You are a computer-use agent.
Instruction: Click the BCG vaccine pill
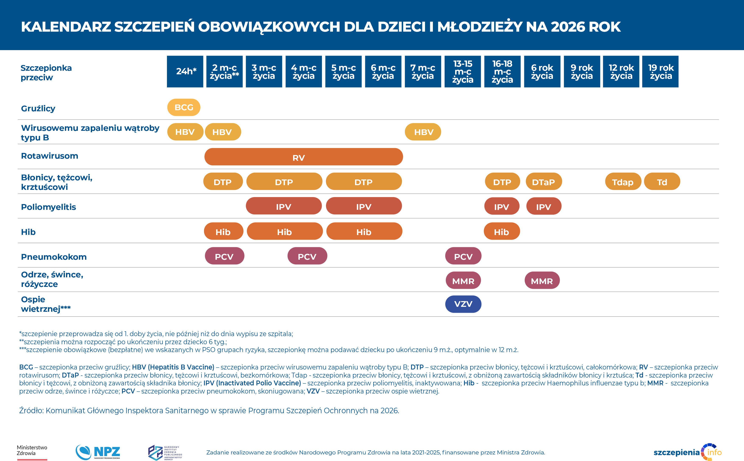pos(184,107)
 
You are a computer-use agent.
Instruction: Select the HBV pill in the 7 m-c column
pos(423,132)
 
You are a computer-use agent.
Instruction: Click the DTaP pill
pos(544,182)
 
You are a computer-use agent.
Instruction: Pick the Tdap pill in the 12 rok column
pos(623,182)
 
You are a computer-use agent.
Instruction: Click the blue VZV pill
pos(463,304)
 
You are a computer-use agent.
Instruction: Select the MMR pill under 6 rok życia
pos(542,281)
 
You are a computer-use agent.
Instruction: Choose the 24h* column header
pos(185,72)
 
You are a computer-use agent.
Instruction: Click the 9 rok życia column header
pos(582,72)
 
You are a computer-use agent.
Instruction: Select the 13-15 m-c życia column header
pos(463,72)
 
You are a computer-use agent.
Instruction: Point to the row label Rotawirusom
pos(50,156)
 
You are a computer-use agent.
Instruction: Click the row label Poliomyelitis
pos(48,207)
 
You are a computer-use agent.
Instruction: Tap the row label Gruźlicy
pos(38,109)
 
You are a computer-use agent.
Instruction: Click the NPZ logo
pos(98,452)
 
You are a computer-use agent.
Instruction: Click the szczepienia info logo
pos(687,452)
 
